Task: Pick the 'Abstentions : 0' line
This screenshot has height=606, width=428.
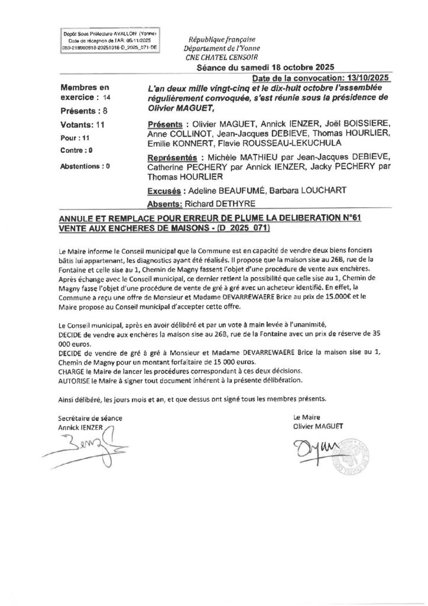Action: tap(86, 166)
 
